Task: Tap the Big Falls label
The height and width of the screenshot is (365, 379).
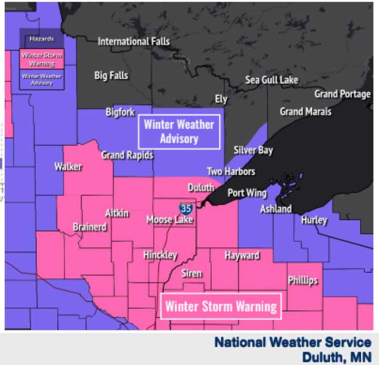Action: point(111,76)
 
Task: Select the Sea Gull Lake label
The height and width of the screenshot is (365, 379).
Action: point(272,80)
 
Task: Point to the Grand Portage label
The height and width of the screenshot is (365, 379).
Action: point(343,94)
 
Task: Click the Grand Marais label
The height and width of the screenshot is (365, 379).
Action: point(305,112)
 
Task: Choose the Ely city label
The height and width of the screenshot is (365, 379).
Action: point(221,99)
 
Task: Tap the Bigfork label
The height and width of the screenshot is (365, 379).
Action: point(120,112)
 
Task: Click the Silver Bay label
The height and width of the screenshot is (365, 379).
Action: point(253,151)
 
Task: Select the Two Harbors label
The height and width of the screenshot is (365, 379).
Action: point(231,172)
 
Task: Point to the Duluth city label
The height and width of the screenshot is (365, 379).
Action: point(201,188)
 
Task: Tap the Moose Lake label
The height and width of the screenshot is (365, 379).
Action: point(169,220)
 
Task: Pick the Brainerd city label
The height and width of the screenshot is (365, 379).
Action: point(90,227)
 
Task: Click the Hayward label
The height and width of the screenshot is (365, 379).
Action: point(242,256)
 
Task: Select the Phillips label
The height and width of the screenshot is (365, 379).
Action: point(303,281)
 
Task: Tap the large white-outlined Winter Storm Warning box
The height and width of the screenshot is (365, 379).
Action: point(221,306)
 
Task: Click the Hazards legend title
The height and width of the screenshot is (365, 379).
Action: point(42,39)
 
